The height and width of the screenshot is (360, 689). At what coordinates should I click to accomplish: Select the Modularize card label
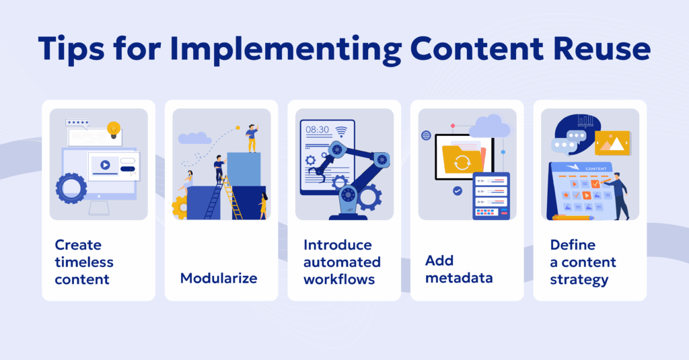(219, 278)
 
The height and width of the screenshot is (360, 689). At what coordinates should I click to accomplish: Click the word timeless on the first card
(84, 262)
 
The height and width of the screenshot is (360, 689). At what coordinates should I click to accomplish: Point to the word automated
(342, 262)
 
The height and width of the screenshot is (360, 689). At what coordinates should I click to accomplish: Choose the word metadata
(460, 278)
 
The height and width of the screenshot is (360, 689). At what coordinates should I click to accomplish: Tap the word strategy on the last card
(579, 278)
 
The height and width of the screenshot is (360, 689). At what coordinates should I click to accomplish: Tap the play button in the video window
(105, 164)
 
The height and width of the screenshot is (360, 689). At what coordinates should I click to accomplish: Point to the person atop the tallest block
(252, 137)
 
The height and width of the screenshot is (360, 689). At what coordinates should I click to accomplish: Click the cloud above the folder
(489, 126)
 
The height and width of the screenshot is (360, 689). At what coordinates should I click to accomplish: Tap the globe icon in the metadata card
(426, 135)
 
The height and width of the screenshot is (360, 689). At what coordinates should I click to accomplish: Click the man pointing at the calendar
(620, 194)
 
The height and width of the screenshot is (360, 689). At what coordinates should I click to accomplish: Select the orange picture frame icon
(612, 143)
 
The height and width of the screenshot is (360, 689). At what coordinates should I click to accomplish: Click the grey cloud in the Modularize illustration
(194, 138)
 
